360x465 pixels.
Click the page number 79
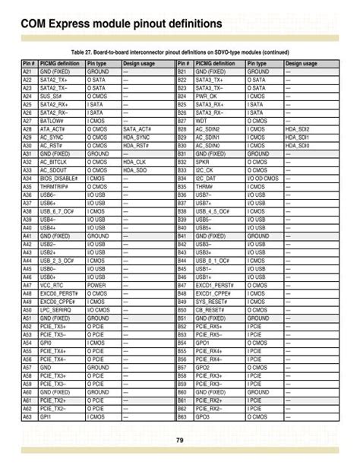coord(180,441)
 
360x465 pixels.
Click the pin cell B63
coord(182,416)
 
